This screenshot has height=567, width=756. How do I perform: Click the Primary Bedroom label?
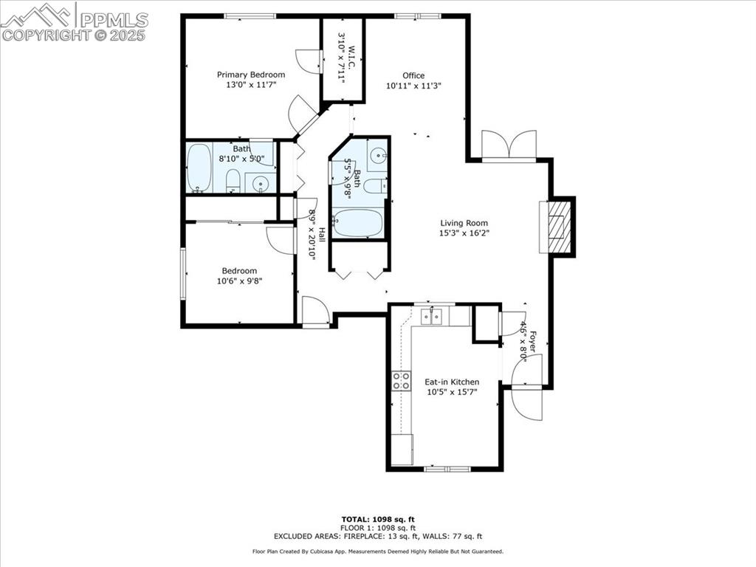point(250,75)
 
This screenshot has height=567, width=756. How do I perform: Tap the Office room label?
point(413,75)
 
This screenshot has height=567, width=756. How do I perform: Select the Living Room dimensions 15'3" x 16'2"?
point(464,233)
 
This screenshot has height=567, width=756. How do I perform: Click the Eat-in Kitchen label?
point(451,382)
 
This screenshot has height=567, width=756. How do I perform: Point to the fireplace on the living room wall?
point(558,227)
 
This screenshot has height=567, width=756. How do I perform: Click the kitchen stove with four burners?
point(402,381)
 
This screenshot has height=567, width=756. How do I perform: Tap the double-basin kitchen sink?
point(431,317)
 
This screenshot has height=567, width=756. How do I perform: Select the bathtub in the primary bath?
point(199,168)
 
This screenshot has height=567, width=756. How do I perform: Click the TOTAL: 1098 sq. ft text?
point(377,519)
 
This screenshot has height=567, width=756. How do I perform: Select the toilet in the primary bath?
point(233,180)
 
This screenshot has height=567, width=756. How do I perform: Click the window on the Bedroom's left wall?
point(182,273)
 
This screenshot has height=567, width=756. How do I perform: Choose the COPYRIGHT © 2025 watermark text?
point(74,35)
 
